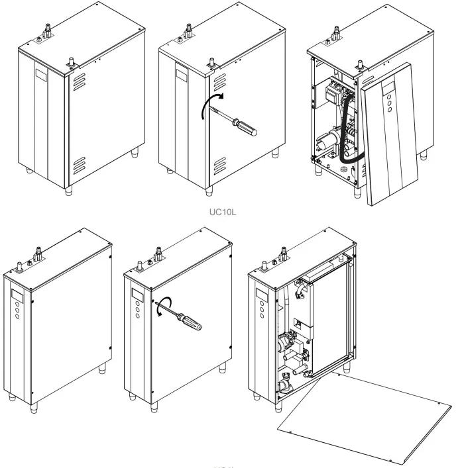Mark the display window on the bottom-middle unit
pyautogui.click(x=137, y=294)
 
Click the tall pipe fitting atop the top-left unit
pyautogui.click(x=48, y=29)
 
